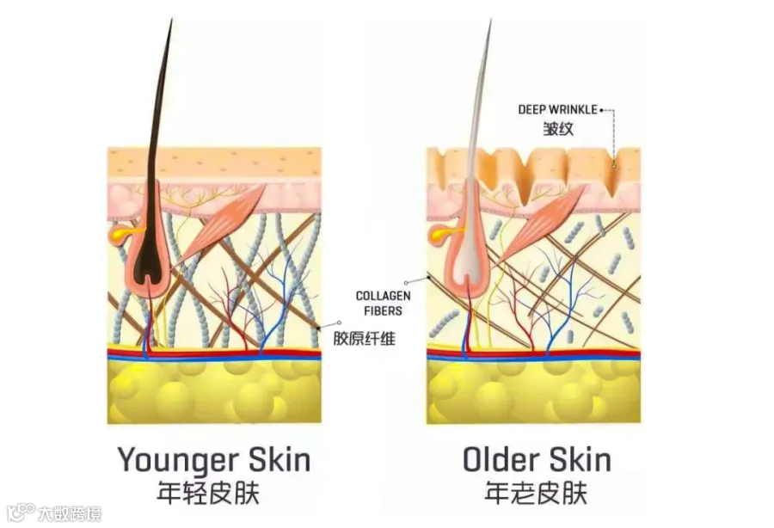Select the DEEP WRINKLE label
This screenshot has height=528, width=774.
coord(557,110)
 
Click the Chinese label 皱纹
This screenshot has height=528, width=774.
coord(557,130)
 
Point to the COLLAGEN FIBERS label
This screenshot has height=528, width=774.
coord(383,303)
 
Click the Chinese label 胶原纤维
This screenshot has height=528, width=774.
coord(365,338)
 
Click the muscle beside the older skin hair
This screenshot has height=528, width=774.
coord(540,222)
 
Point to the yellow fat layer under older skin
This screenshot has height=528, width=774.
coord(533,391)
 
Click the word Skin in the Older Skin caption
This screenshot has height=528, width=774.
coord(574,459)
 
